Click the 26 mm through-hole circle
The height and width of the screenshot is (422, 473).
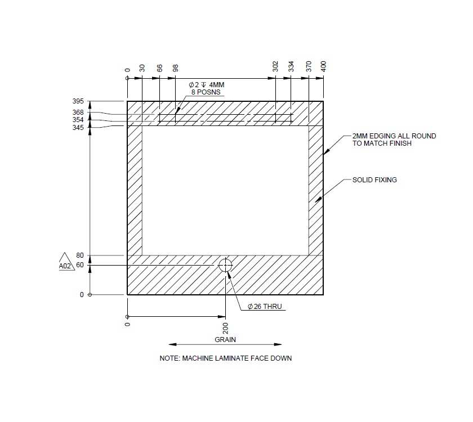(225, 265)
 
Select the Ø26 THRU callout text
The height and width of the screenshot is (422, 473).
(265, 307)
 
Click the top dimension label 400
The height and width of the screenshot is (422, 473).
(324, 66)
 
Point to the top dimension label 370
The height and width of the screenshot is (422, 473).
(309, 66)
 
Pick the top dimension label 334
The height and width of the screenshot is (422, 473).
(291, 66)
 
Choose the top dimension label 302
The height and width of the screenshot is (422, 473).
(275, 66)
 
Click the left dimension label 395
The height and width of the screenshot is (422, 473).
(78, 101)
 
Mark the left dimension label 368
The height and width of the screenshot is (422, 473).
(78, 113)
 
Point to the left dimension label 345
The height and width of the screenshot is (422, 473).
(78, 128)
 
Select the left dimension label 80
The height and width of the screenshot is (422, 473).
(79, 256)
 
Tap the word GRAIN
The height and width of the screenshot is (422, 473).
(225, 339)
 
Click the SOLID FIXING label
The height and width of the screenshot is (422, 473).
(374, 180)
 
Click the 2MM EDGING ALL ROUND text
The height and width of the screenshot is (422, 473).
(394, 136)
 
